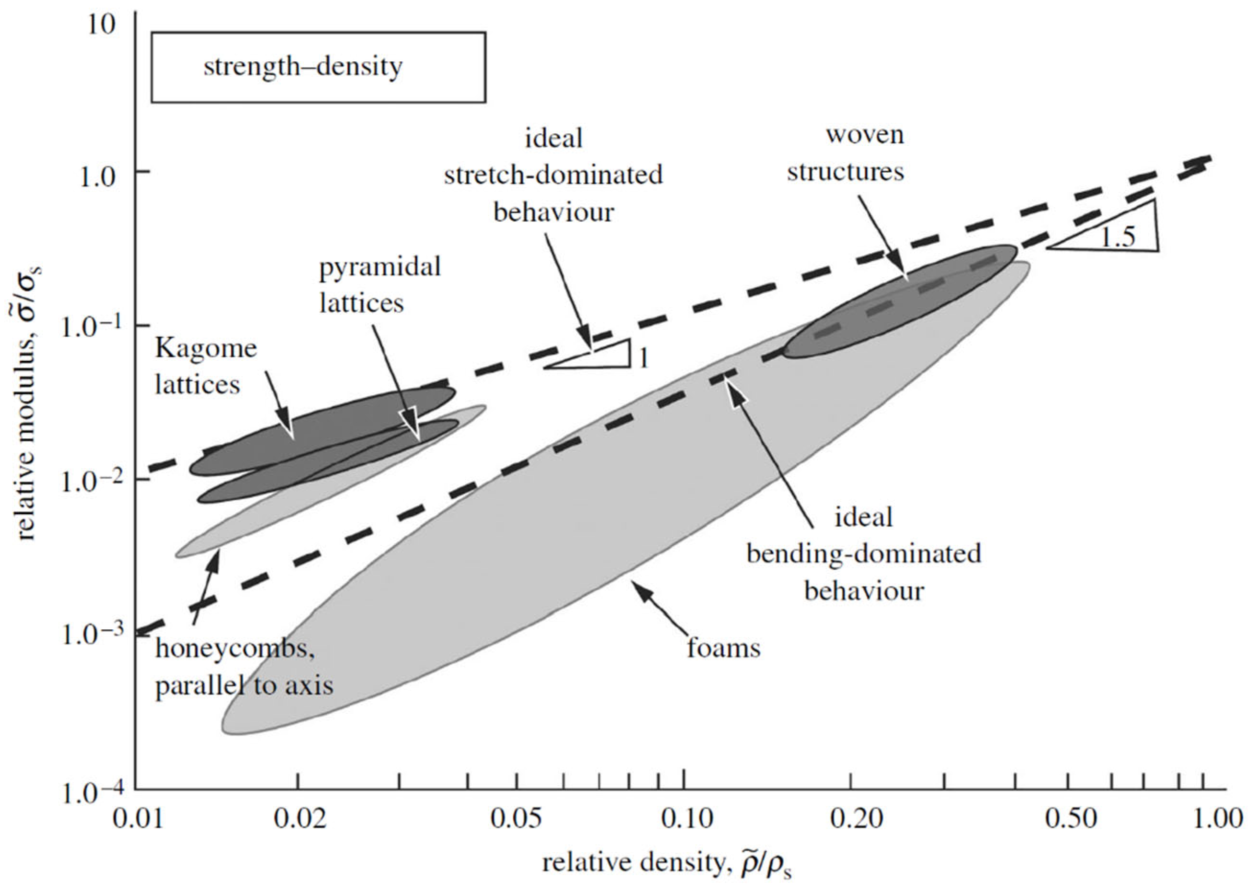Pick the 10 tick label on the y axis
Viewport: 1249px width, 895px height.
pyautogui.click(x=101, y=25)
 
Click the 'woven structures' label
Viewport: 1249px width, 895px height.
pyautogui.click(x=846, y=153)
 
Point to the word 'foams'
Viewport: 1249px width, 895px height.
pyautogui.click(x=724, y=648)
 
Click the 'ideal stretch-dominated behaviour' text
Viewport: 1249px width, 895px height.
pyautogui.click(x=553, y=175)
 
